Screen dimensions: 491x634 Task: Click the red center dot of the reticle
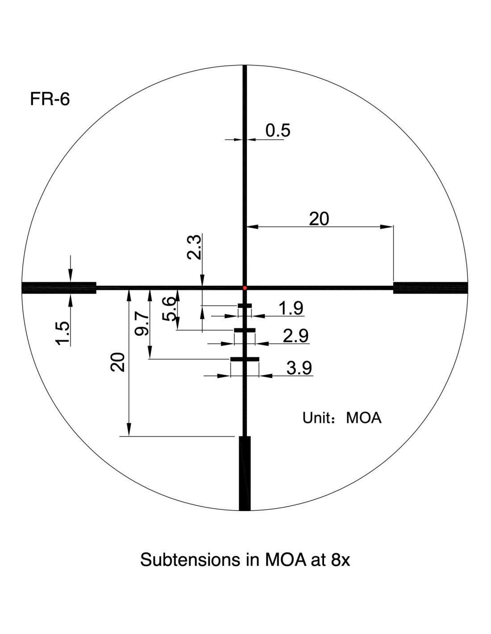(245, 288)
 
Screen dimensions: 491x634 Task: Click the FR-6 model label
(50, 99)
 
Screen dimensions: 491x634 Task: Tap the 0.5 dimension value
(278, 130)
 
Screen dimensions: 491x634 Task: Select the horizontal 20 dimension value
(319, 219)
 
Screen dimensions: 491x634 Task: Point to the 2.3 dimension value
(194, 247)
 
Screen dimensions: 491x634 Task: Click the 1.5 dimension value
(63, 333)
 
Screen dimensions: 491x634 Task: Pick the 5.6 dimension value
(170, 309)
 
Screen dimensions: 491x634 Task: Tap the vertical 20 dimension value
(117, 362)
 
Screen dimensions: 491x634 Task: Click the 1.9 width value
(291, 308)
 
